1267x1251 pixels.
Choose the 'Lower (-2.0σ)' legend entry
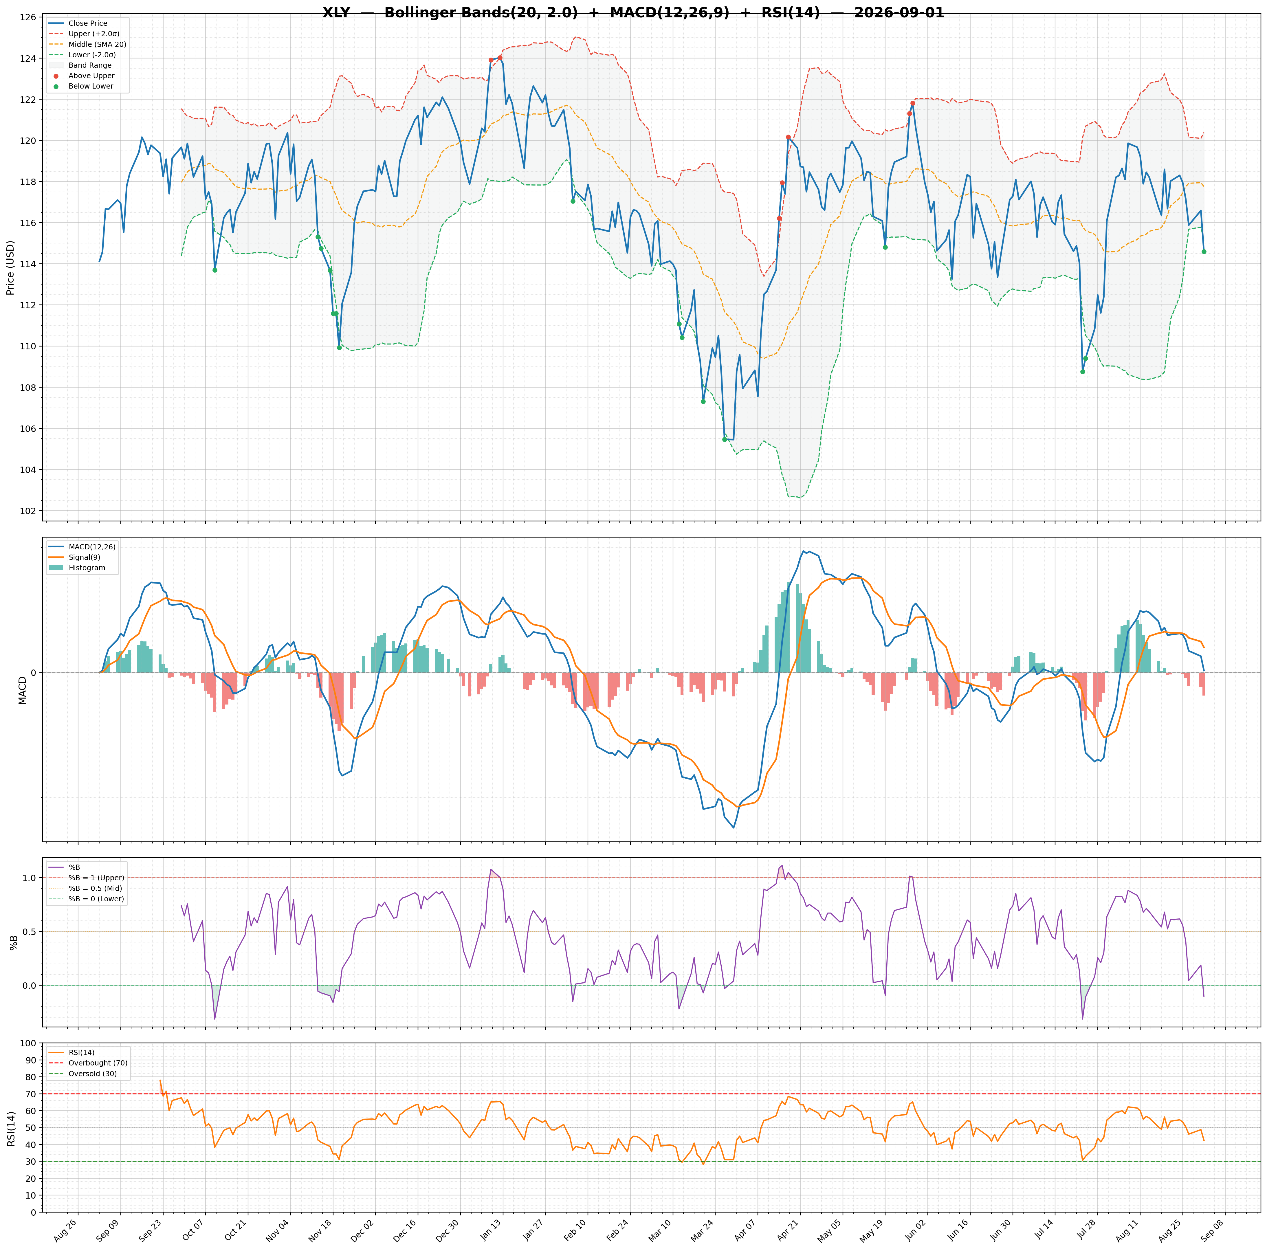coord(92,55)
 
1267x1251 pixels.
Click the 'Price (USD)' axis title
coord(10,267)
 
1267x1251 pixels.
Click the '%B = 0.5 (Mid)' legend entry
coord(95,888)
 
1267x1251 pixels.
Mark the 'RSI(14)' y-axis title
coord(10,1128)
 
